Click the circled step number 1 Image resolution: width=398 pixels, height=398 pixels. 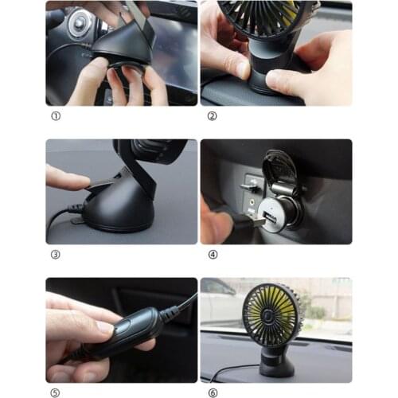pyautogui.click(x=54, y=116)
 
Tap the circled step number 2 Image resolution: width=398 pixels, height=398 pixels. pyautogui.click(x=211, y=116)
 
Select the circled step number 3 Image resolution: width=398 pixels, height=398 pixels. pyautogui.click(x=54, y=255)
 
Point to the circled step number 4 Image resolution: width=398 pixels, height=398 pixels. pyautogui.click(x=211, y=255)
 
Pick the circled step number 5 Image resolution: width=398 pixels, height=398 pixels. pyautogui.click(x=54, y=393)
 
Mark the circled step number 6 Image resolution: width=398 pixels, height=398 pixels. pyautogui.click(x=211, y=393)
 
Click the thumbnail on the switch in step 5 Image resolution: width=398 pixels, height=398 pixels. pyautogui.click(x=104, y=326)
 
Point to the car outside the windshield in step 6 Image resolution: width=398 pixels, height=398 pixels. pyautogui.click(x=219, y=298)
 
